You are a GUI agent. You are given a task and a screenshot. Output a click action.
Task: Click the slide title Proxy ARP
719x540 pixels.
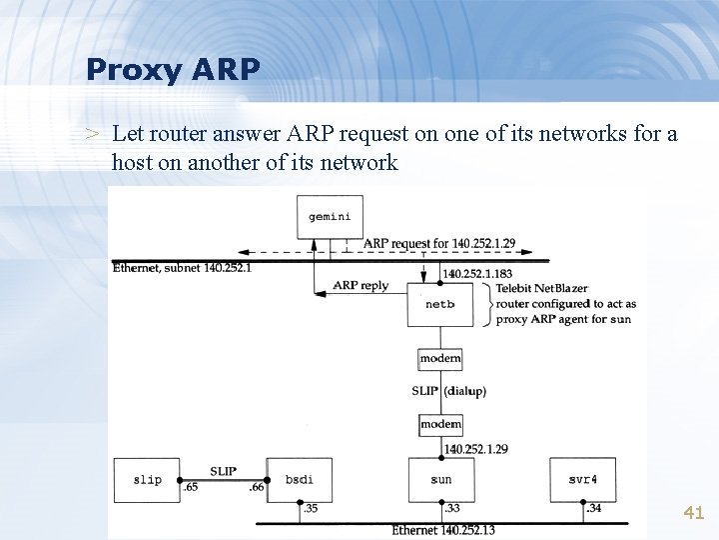173,69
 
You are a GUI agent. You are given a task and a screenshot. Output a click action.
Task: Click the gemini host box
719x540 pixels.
330,216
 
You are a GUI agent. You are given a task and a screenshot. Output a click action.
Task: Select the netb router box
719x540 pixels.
440,304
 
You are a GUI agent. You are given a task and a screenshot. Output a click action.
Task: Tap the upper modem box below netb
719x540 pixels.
440,358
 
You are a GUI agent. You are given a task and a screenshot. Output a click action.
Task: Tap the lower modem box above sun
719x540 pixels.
440,424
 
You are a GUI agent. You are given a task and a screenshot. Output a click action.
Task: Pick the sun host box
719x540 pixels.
440,479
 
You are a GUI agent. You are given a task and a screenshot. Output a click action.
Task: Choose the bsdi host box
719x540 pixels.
299,479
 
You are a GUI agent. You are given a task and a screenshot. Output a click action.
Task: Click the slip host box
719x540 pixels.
147,479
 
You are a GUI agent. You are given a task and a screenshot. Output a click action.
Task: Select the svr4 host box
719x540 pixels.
582,479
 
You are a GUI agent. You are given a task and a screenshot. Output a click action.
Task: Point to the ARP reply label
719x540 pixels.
360,286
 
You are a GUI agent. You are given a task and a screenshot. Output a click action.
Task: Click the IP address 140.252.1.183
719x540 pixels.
478,273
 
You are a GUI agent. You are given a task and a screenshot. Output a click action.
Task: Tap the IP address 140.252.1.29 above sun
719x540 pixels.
475,449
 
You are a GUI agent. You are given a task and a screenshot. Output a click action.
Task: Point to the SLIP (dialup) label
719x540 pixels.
448,391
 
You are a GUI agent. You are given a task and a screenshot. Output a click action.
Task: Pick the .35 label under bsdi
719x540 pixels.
309,508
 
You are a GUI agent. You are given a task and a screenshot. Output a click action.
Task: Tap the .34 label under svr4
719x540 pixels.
593,508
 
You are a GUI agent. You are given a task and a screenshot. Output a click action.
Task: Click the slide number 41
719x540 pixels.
693,513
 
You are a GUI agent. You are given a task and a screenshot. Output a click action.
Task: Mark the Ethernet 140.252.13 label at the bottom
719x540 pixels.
442,530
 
